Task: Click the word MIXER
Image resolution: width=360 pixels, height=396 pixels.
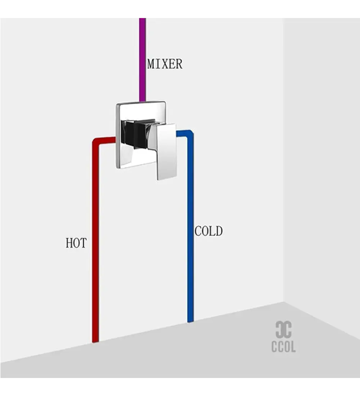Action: [x=165, y=64]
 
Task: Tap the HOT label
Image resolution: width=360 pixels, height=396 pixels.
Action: [x=76, y=243]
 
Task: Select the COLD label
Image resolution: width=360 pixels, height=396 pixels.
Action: [x=208, y=231]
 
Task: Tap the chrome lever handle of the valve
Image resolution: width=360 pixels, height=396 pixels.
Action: [x=166, y=151]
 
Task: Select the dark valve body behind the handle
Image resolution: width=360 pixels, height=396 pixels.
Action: [x=135, y=133]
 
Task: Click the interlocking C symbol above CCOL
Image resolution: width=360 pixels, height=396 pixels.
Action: [x=283, y=330]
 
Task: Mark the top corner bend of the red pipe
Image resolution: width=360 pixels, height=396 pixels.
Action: [x=96, y=141]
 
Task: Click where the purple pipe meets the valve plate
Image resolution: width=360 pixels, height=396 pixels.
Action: [x=143, y=101]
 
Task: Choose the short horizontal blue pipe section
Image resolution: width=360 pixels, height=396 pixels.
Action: [x=182, y=133]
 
